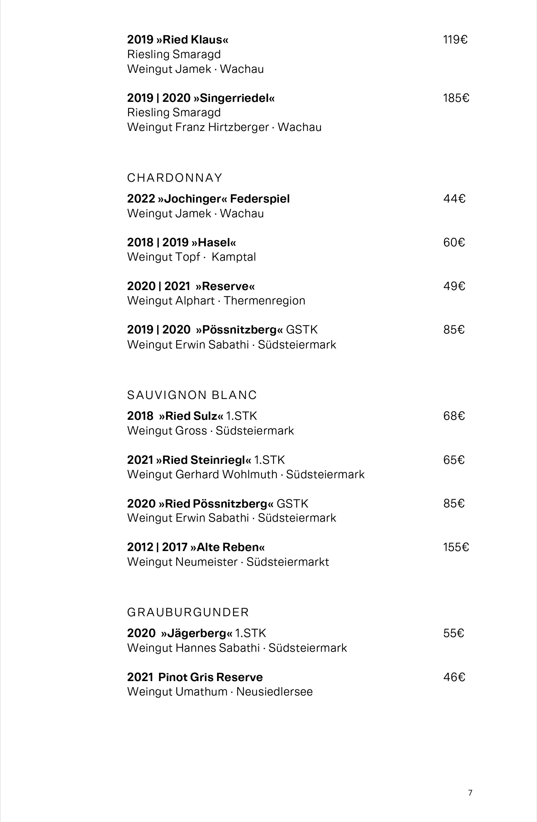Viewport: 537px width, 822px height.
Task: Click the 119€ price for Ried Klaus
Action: tap(455, 40)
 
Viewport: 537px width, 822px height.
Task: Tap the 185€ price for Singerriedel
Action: tap(456, 98)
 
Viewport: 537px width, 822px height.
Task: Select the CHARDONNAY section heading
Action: tap(175, 178)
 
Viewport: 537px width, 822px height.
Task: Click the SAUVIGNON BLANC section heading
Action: tap(192, 395)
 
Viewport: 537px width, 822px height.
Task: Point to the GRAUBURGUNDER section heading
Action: tap(188, 612)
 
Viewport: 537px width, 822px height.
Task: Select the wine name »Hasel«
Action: tap(214, 242)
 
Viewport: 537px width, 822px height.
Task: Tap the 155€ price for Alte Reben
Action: tap(456, 547)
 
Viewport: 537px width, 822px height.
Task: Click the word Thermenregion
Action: tap(264, 301)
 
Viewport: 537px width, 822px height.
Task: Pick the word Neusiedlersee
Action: tap(275, 692)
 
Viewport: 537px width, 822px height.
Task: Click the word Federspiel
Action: tap(260, 199)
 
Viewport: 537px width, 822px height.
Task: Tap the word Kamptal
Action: tap(234, 257)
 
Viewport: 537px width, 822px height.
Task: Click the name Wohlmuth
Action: tap(250, 474)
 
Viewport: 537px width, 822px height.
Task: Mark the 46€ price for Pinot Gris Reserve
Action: tap(454, 677)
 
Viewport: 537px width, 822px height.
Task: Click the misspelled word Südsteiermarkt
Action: tap(287, 562)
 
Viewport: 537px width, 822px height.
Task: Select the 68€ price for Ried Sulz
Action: tap(454, 416)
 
